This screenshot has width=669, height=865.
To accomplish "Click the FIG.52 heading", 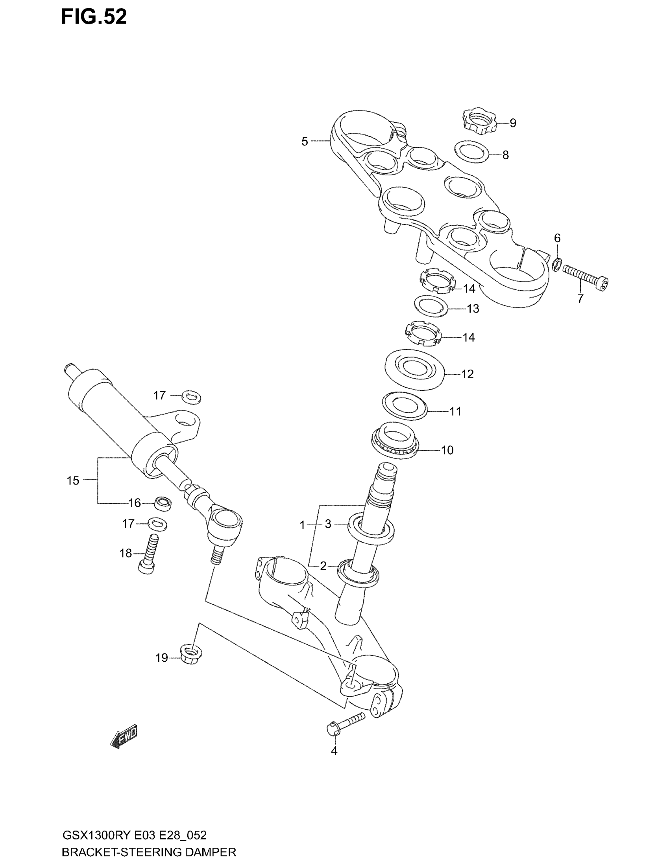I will click(94, 17).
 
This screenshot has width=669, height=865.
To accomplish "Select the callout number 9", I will click(513, 123).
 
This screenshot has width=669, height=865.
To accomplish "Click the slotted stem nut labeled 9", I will click(479, 120).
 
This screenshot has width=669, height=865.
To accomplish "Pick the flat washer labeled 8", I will click(471, 151).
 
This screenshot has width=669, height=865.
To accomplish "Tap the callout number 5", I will click(304, 142).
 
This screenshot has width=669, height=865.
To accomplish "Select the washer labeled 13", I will click(431, 306).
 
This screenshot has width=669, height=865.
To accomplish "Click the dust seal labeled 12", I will click(414, 370).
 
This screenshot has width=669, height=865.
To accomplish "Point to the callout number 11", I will click(455, 412).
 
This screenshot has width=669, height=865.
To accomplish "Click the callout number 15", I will click(73, 480).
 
